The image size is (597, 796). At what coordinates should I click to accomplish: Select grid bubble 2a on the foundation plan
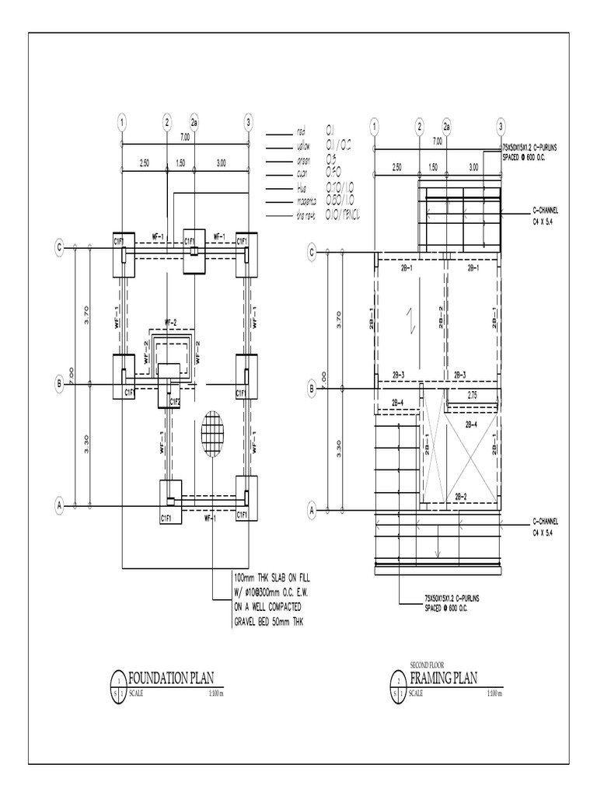[x=194, y=122]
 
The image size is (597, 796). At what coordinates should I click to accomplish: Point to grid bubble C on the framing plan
[x=312, y=252]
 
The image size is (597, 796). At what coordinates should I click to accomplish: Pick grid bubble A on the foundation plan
[x=59, y=506]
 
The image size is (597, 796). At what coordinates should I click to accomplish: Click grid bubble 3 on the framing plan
[x=501, y=126]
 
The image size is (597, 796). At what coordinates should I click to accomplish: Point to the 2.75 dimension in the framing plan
[x=472, y=395]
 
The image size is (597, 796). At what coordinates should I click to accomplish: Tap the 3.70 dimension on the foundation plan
[x=87, y=314]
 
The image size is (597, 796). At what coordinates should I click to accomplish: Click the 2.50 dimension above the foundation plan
[x=144, y=164]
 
